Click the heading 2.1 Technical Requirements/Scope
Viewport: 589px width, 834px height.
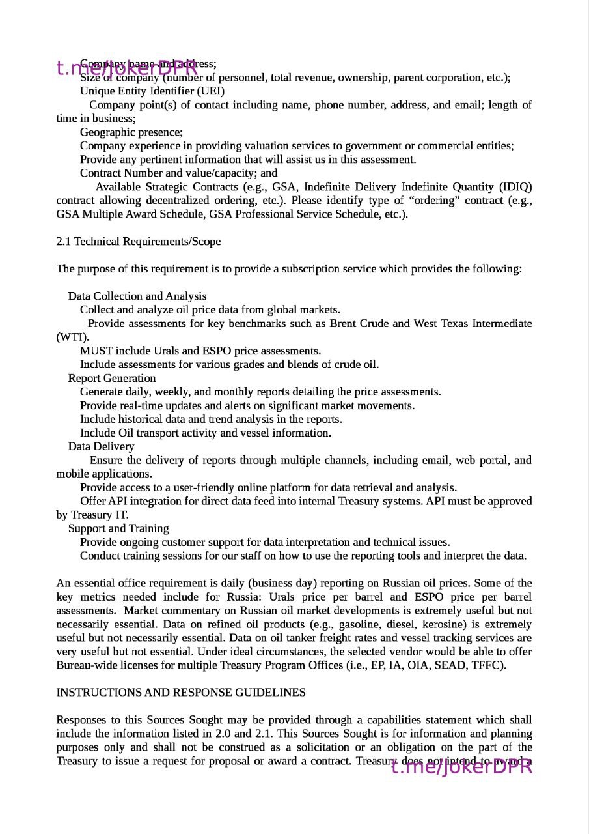tap(139, 242)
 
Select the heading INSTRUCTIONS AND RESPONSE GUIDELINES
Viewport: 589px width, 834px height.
tap(181, 693)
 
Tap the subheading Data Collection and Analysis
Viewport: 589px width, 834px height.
tap(137, 296)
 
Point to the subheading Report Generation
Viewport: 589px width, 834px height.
tap(112, 379)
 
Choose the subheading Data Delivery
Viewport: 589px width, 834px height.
tap(101, 447)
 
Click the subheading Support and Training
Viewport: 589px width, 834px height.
tap(118, 529)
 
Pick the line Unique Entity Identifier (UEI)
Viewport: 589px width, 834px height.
tap(152, 91)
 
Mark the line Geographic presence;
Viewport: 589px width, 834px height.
tap(131, 132)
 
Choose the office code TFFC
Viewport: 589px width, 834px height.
tap(488, 665)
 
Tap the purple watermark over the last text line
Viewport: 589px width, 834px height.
tap(461, 767)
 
